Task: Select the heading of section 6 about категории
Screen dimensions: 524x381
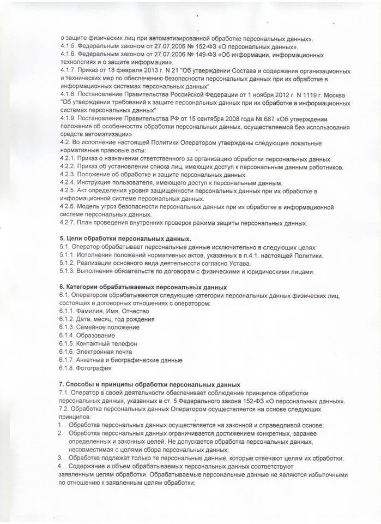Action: (143, 287)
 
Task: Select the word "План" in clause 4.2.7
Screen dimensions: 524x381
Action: (84, 223)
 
